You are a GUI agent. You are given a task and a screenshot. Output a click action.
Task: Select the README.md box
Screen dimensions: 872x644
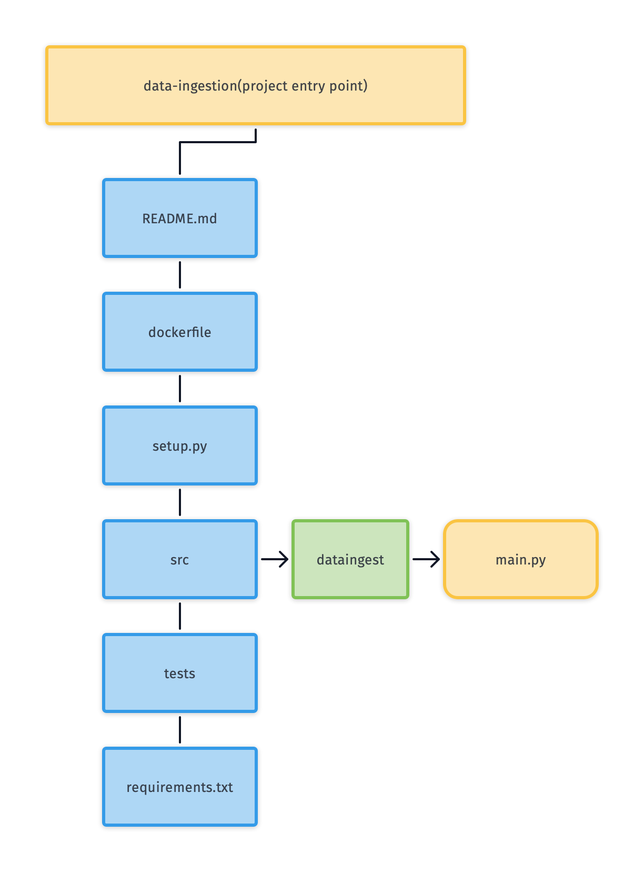(180, 218)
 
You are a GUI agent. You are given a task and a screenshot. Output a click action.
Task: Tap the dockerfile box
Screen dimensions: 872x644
(180, 332)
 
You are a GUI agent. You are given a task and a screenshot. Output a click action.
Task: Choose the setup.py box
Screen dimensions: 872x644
(180, 445)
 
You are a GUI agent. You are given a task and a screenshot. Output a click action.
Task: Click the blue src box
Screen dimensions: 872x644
(180, 559)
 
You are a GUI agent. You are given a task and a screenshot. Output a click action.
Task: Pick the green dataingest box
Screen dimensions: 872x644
(350, 559)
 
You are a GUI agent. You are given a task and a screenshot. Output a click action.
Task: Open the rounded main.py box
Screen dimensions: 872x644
(521, 559)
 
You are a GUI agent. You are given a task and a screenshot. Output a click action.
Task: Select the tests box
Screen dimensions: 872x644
(180, 673)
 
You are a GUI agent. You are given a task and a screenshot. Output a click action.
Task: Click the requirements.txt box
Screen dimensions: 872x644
(180, 787)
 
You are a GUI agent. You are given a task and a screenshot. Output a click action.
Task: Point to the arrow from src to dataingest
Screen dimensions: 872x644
(274, 559)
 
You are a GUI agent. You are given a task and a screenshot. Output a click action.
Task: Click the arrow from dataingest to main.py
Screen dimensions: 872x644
(426, 559)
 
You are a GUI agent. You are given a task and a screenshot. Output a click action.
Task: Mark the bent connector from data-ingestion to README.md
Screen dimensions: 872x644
(217, 142)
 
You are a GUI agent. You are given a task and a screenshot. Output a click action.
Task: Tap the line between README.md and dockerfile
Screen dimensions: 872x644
(180, 275)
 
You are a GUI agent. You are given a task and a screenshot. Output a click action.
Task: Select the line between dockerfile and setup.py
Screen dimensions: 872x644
(180, 389)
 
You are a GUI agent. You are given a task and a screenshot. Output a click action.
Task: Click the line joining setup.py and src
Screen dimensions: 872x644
(180, 502)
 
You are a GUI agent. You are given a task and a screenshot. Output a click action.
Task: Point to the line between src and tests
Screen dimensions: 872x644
(180, 616)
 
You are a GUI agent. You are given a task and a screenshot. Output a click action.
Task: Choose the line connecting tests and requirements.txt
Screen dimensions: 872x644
(180, 730)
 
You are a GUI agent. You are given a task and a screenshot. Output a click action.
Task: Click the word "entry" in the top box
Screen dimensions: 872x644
(308, 86)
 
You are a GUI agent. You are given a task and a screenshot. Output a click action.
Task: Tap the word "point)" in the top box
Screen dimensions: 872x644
(348, 86)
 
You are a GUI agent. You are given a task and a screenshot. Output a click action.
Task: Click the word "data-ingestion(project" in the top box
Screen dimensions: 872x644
(216, 86)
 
